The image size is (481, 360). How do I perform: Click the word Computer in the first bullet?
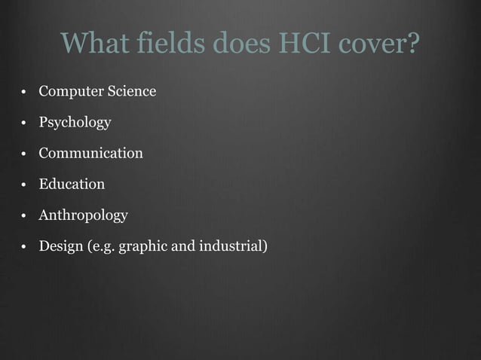tap(66, 92)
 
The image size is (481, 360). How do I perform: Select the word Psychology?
tap(75, 123)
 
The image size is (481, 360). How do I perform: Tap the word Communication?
tap(90, 154)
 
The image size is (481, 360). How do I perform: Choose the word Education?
tap(72, 185)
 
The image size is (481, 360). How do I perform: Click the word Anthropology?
tap(83, 216)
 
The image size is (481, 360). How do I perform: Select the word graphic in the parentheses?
tap(148, 247)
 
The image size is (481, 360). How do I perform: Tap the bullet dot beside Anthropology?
tap(25, 217)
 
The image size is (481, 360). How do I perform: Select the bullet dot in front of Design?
tap(25, 248)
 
